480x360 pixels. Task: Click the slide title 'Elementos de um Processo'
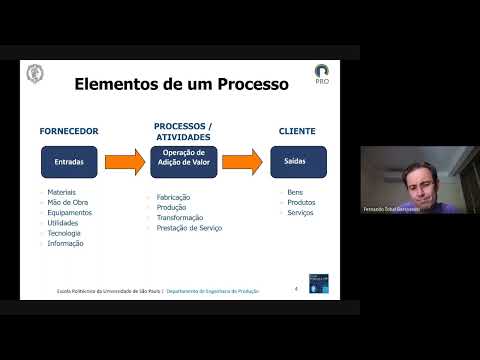pos(181,84)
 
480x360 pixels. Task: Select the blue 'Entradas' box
pos(69,160)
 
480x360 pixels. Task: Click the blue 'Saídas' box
pos(294,160)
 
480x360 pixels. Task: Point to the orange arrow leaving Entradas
pos(125,160)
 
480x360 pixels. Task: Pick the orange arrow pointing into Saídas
pos(242,160)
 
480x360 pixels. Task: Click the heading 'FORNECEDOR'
pos(68,131)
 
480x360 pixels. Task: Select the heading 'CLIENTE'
pos(296,131)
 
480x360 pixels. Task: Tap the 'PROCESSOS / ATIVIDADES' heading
pos(183,131)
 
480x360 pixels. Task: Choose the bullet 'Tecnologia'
pos(65,233)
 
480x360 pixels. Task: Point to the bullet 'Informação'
pos(65,243)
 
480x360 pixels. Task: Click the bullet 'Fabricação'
pos(173,197)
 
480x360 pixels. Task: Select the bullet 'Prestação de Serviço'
pos(189,228)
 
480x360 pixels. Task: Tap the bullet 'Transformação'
pos(180,218)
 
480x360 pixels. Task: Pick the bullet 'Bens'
pos(294,192)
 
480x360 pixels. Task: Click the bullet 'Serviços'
pos(299,212)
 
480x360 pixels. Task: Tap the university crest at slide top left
pos(35,74)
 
